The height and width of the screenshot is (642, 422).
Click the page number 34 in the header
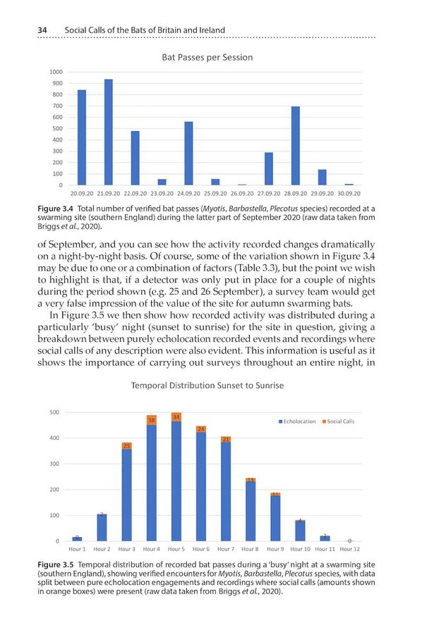(x=32, y=30)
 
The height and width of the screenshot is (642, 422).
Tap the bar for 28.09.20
(x=296, y=146)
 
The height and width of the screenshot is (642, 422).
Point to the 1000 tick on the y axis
(x=56, y=72)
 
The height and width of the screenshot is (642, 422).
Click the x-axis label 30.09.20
(x=348, y=192)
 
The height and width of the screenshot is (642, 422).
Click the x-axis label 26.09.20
(x=242, y=192)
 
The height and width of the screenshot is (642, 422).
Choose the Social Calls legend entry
(x=339, y=421)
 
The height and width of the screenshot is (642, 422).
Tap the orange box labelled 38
(x=152, y=420)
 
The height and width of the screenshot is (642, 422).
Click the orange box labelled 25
(x=127, y=445)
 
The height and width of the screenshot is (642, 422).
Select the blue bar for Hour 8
(x=251, y=511)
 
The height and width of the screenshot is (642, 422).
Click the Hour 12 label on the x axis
(x=349, y=548)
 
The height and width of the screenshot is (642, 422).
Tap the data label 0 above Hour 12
(x=349, y=541)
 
